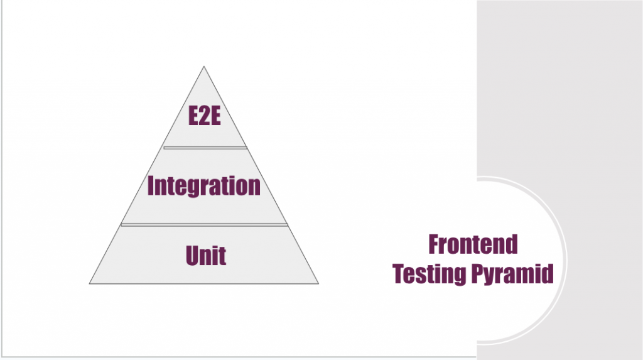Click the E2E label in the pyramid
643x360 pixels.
(x=204, y=117)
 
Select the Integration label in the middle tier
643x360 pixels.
(x=204, y=186)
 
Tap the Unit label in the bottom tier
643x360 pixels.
(x=205, y=255)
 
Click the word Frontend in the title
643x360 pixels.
(x=473, y=244)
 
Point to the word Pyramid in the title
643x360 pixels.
(x=512, y=275)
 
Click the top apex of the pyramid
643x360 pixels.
(x=204, y=67)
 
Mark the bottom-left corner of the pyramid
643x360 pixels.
(x=90, y=283)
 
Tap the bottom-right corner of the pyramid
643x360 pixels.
(x=318, y=283)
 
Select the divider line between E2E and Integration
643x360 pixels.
(x=205, y=148)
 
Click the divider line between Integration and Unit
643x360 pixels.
(x=204, y=224)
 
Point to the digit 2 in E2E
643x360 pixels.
(x=204, y=117)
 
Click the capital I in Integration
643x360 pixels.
(x=151, y=185)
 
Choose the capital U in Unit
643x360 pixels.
(x=192, y=255)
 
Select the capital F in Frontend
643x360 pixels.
(x=434, y=244)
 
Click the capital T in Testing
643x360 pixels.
(x=399, y=274)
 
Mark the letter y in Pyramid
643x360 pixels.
(x=492, y=276)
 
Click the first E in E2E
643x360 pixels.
(x=193, y=117)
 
